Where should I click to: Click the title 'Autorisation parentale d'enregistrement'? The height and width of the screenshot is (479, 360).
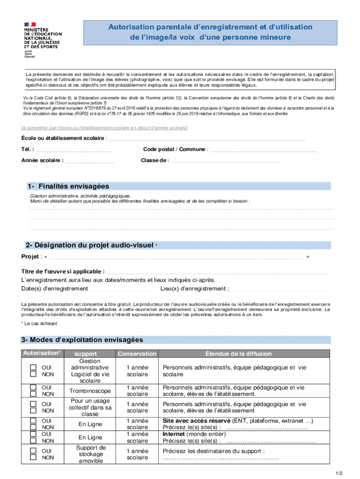tap(210, 27)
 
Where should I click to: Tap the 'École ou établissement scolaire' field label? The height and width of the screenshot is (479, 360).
tap(64, 138)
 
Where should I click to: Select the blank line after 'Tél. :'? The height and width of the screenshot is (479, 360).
tap(73, 150)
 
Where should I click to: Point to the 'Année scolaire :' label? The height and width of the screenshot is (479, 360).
tap(43, 160)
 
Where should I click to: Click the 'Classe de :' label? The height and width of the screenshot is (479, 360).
tap(155, 160)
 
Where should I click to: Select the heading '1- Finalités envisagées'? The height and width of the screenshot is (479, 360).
tap(68, 186)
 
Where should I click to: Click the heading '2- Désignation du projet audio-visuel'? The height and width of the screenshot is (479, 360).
tap(89, 245)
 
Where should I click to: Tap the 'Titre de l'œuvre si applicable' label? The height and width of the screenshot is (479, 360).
tap(63, 272)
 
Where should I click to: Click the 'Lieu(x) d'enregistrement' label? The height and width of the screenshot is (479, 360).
tap(194, 289)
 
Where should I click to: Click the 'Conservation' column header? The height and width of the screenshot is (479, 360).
tap(137, 354)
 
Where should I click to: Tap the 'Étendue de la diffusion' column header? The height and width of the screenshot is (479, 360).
tap(238, 354)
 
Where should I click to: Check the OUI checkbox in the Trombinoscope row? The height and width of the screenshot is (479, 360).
tap(33, 387)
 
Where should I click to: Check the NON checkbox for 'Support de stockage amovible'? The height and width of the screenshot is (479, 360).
tap(33, 457)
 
